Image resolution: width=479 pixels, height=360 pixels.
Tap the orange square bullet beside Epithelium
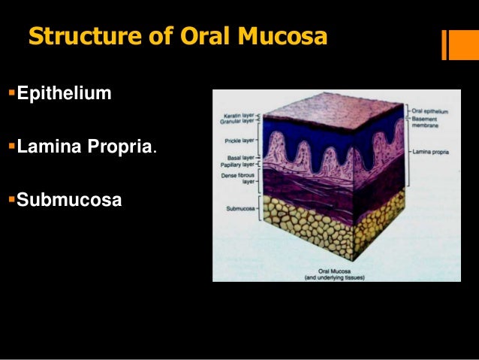click(11, 94)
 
